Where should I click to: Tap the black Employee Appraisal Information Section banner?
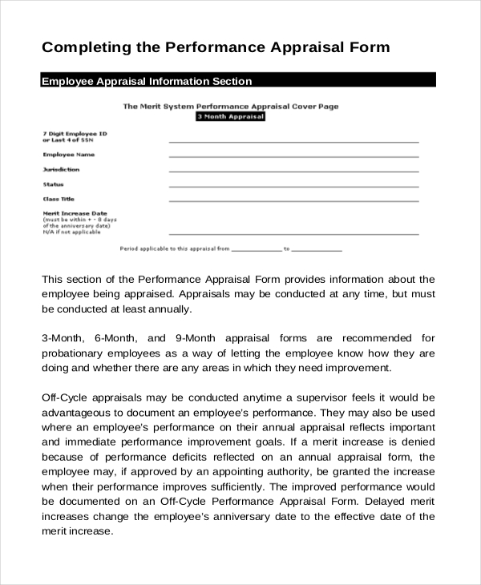click(239, 81)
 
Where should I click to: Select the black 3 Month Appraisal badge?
click(230, 117)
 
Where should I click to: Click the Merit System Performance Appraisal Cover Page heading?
click(230, 106)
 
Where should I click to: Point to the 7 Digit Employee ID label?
click(75, 132)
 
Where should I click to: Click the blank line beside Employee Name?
click(293, 156)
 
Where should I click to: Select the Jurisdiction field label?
click(61, 170)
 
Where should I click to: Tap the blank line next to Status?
click(293, 186)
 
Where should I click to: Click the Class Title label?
click(59, 199)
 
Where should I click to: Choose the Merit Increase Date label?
click(75, 214)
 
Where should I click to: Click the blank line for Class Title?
click(293, 201)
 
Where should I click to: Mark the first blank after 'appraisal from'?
click(257, 251)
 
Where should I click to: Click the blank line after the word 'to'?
click(317, 251)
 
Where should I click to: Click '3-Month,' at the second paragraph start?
click(64, 337)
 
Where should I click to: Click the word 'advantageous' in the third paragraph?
click(79, 412)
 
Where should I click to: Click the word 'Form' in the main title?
click(368, 47)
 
